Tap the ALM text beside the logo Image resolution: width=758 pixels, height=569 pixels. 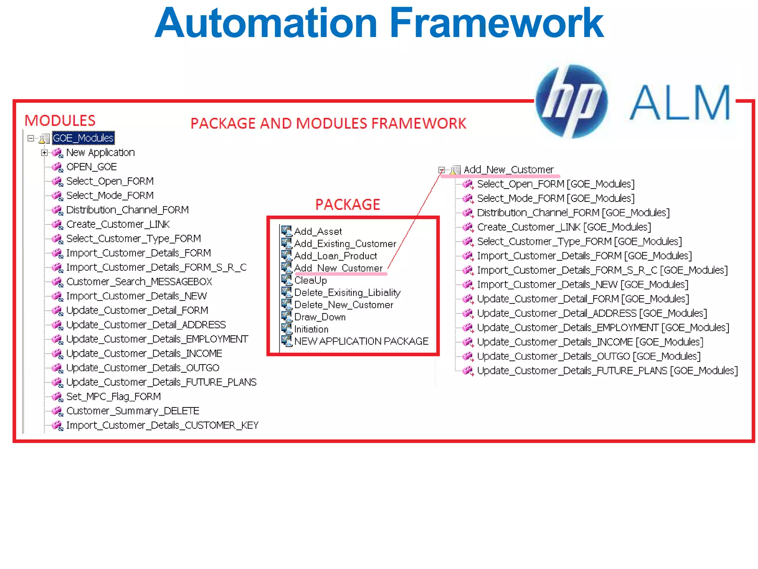(x=680, y=103)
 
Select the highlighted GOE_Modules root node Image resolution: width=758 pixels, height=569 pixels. (x=83, y=138)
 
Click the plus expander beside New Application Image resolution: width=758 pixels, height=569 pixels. (x=44, y=153)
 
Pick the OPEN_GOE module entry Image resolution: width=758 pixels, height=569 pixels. (x=91, y=167)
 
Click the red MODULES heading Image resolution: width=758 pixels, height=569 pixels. (x=60, y=121)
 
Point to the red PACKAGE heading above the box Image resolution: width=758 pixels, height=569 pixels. (x=348, y=204)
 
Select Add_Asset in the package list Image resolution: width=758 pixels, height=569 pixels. (x=318, y=232)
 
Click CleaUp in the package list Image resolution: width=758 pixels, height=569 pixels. (x=311, y=280)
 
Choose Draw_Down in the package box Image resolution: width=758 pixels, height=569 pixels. (x=320, y=317)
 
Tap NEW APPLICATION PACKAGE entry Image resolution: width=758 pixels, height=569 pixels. (x=361, y=341)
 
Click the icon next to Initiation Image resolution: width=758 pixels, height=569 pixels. (x=286, y=329)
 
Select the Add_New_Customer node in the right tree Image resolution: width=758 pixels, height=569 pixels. (x=509, y=170)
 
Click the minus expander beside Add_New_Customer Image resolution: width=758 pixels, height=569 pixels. (x=441, y=170)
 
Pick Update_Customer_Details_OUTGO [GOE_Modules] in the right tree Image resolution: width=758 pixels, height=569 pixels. (x=588, y=356)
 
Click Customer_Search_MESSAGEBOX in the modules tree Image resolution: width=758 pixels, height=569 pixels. (x=139, y=282)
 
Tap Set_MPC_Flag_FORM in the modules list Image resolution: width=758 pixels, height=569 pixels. (x=113, y=397)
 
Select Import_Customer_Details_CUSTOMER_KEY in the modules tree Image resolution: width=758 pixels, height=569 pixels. (x=162, y=425)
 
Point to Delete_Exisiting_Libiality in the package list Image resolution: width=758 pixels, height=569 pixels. (x=347, y=293)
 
